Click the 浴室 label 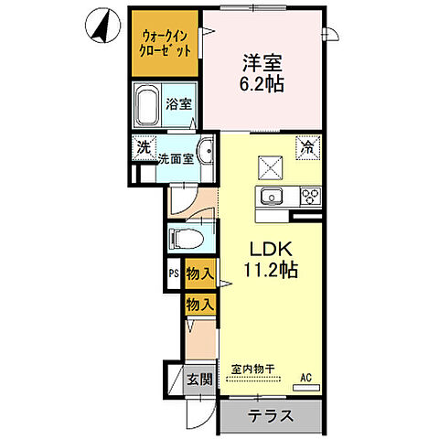click(178, 104)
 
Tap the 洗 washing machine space click(143, 146)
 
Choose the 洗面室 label click(177, 158)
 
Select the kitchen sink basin click(273, 198)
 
